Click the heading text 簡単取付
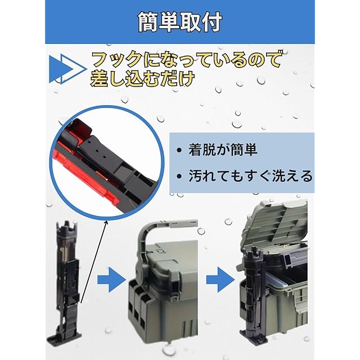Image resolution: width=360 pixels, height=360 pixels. point(180,22)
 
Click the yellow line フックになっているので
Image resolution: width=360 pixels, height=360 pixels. point(186,60)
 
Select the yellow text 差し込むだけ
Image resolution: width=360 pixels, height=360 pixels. point(142,79)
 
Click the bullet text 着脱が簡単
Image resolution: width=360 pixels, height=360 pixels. point(223,150)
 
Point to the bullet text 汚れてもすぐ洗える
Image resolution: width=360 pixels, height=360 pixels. point(251,176)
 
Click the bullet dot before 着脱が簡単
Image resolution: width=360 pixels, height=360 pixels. point(179,151)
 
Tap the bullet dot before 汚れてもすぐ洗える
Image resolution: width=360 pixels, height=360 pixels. point(179,176)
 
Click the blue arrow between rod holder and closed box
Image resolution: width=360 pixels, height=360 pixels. point(111,280)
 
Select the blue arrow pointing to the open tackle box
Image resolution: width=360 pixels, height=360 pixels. point(220,280)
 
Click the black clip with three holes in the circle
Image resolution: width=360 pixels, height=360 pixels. point(101,151)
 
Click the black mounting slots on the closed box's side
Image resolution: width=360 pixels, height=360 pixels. point(137,308)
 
